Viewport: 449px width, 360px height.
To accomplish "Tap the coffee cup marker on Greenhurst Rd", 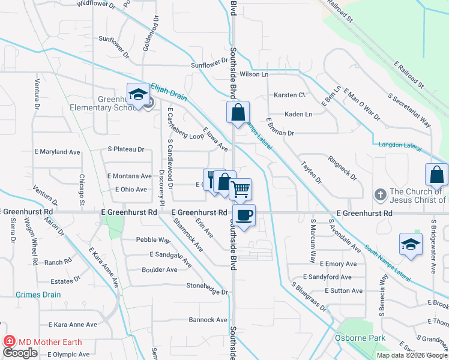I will click(x=244, y=216).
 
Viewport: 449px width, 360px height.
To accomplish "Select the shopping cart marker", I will click(x=240, y=190).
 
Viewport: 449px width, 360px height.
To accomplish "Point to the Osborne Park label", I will click(x=360, y=338).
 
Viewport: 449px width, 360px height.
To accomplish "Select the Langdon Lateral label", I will click(x=400, y=145).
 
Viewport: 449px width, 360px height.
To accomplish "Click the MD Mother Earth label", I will click(x=50, y=342).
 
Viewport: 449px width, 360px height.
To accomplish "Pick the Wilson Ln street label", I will click(x=254, y=74).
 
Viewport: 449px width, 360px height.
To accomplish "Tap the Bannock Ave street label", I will click(x=208, y=320).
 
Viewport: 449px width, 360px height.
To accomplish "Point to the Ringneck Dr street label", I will click(x=343, y=169).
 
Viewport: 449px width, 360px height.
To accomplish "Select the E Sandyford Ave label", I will click(x=327, y=277).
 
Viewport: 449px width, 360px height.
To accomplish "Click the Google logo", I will click(x=20, y=353).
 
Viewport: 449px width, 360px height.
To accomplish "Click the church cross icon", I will click(x=379, y=195).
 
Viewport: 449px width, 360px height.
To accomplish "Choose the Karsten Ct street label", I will click(x=289, y=95).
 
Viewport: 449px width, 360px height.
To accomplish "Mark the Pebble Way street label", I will click(x=153, y=240).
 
